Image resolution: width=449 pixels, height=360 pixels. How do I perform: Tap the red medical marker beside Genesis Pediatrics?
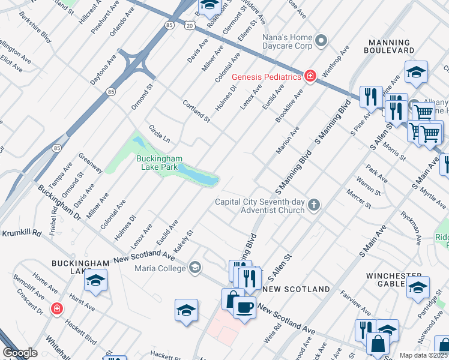click(310, 76)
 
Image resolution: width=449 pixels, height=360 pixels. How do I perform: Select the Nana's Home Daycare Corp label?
click(288, 41)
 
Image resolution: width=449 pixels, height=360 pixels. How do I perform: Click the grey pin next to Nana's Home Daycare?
click(322, 41)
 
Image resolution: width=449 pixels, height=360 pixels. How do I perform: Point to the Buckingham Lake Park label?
click(159, 163)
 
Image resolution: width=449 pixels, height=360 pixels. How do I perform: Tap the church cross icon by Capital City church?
click(313, 206)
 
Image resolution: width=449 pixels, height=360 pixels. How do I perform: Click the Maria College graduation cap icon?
click(194, 268)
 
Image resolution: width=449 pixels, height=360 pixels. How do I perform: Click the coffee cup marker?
click(244, 308)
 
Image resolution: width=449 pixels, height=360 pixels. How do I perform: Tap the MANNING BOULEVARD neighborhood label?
click(390, 47)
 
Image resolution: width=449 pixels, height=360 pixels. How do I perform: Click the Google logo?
click(20, 353)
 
